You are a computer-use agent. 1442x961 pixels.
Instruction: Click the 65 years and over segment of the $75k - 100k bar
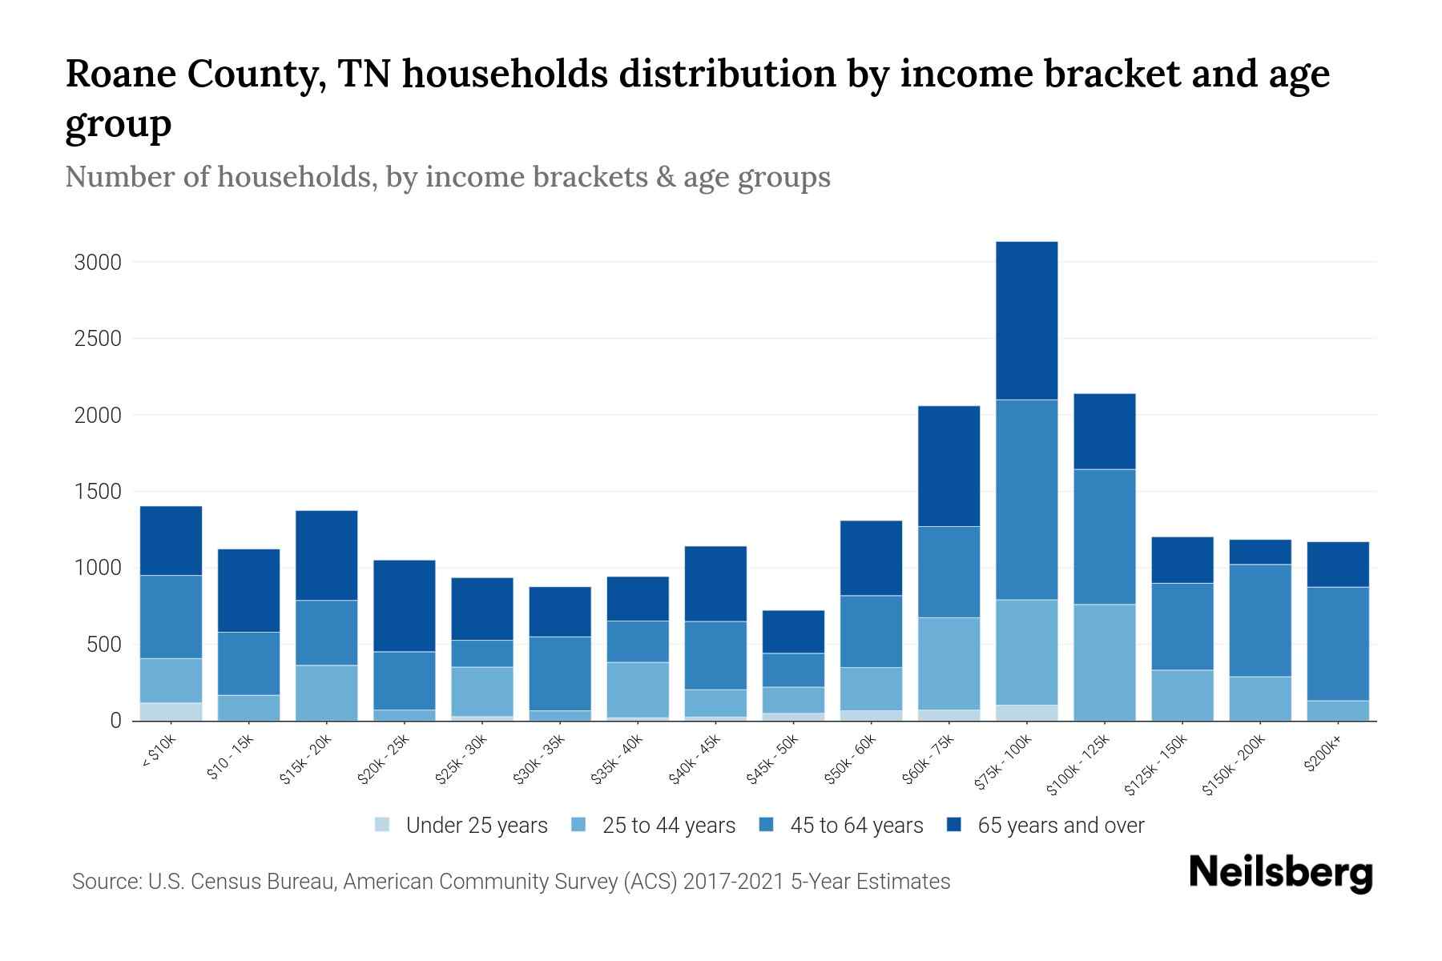[x=1027, y=320]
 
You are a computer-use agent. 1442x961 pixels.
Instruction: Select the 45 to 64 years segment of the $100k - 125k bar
[x=1105, y=537]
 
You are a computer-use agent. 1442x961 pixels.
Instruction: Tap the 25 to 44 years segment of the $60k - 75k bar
[x=949, y=663]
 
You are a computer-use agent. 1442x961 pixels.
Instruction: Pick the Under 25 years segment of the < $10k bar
[x=171, y=711]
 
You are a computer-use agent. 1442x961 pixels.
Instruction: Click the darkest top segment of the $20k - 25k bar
[x=405, y=605]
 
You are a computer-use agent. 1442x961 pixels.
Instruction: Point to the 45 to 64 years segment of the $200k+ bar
[x=1338, y=644]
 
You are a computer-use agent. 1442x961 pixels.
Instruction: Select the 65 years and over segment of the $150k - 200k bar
[x=1260, y=552]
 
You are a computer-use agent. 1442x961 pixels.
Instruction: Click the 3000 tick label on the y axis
[x=98, y=263]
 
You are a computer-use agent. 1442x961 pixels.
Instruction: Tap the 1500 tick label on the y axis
[x=98, y=492]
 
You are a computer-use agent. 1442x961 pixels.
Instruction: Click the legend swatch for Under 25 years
[x=383, y=825]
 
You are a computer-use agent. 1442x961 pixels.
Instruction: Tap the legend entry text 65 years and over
[x=1061, y=826]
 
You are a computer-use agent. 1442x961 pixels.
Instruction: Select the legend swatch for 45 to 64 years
[x=767, y=825]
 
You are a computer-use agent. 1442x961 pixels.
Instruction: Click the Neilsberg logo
[x=1280, y=873]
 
